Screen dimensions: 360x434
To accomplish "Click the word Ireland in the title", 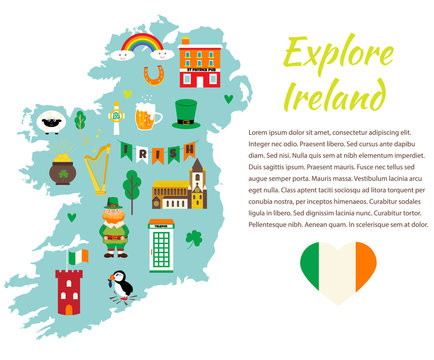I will (x=334, y=95).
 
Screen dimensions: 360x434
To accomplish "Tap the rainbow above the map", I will (x=140, y=45).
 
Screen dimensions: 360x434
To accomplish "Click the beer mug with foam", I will (x=147, y=117).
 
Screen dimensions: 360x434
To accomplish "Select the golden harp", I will (x=97, y=170).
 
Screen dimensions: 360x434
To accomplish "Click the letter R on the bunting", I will (x=143, y=153).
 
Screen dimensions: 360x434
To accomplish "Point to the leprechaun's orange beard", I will (x=114, y=225).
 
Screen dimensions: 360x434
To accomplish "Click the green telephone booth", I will (x=161, y=245).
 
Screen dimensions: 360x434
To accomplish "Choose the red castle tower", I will (x=69, y=291).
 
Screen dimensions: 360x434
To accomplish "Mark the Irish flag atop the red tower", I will (x=78, y=256).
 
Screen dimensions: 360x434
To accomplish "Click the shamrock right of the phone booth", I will (x=194, y=239).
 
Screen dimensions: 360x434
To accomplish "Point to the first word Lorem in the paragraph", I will (x=261, y=132).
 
